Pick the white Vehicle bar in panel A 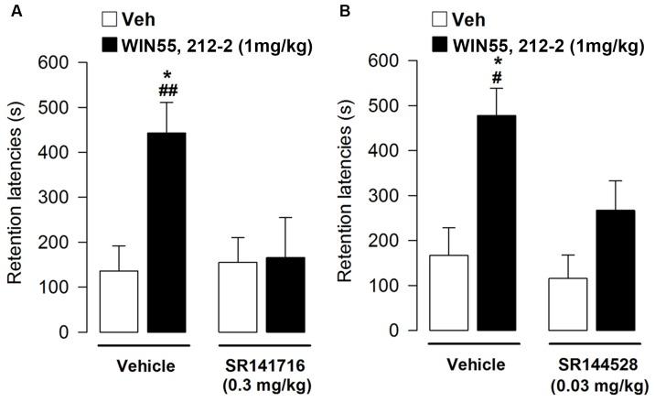tap(119, 301)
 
